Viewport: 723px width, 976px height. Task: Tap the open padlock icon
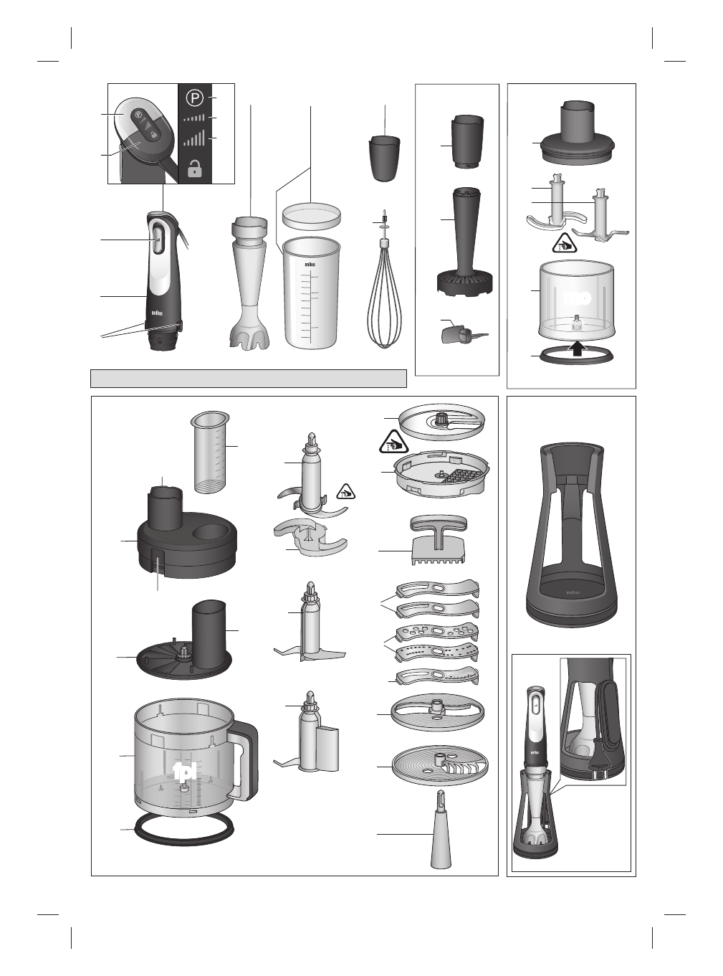coord(193,169)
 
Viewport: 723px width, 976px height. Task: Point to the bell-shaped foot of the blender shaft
coord(249,333)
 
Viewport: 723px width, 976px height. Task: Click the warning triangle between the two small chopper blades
coord(566,242)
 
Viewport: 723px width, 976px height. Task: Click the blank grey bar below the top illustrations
coord(249,378)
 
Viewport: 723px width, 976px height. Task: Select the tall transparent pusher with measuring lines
coord(210,453)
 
